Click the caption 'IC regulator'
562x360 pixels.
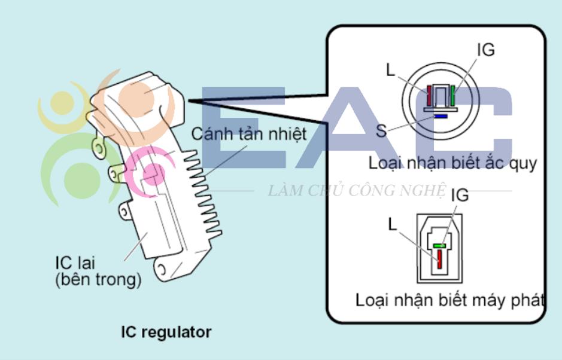[166, 332]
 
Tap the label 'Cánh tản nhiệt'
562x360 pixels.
[249, 135]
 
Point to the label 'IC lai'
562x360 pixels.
[75, 263]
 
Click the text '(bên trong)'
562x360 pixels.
[98, 280]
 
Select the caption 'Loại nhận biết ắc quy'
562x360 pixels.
[452, 164]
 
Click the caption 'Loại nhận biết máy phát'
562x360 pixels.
[450, 300]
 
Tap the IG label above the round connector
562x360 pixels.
[486, 50]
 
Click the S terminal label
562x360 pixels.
[381, 131]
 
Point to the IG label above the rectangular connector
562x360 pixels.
[460, 195]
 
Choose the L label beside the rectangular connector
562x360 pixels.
[393, 225]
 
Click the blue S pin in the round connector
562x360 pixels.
[441, 116]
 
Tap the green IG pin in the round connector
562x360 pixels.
[452, 96]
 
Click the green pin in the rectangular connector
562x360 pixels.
[439, 246]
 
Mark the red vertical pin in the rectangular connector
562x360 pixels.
[439, 258]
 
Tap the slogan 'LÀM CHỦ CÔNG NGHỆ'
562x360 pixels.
[357, 191]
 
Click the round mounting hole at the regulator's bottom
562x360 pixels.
[162, 269]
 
